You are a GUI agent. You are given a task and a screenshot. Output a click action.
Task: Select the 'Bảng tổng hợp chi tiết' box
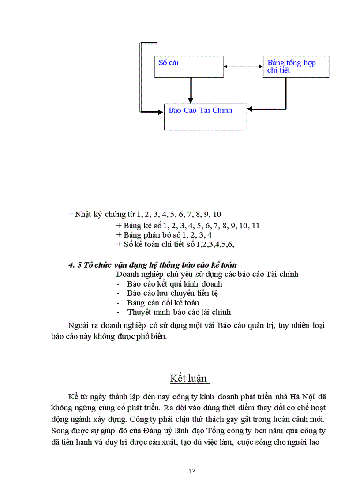tap(296, 67)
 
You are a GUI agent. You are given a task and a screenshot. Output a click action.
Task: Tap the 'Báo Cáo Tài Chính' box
tap(205, 117)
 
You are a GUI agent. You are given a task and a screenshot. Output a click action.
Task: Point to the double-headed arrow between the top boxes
tap(243, 67)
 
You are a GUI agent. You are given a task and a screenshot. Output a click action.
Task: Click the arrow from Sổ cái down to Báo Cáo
tap(190, 90)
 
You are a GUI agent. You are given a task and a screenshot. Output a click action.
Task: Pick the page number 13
tap(192, 471)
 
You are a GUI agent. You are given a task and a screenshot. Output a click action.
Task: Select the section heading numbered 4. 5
tap(153, 265)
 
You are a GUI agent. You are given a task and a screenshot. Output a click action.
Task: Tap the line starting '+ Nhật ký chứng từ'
tap(145, 215)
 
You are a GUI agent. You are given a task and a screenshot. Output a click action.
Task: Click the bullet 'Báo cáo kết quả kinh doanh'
tap(174, 284)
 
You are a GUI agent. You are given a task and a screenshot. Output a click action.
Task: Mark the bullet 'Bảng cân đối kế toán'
tap(163, 303)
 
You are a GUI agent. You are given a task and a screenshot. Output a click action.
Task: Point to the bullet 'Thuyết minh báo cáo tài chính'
tap(179, 312)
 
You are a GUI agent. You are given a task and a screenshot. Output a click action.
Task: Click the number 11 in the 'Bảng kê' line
tap(255, 226)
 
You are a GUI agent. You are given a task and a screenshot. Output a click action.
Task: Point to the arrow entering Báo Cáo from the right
tap(265, 108)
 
